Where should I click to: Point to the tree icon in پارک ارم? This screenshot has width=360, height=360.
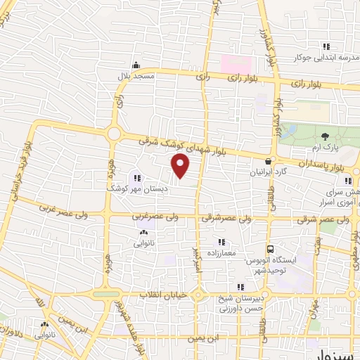(x=325, y=136)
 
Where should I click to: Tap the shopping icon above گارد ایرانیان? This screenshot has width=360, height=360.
(x=269, y=160)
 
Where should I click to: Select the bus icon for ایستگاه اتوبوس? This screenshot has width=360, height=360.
(x=269, y=249)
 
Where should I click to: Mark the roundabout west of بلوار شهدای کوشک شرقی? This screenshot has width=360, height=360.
(x=114, y=134)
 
